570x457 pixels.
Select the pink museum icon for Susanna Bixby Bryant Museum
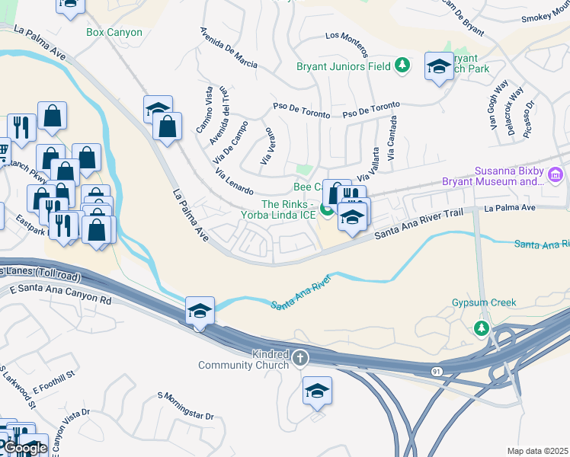click(555, 177)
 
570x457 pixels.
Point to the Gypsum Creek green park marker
click(481, 328)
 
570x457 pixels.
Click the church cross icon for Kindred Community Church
click(300, 357)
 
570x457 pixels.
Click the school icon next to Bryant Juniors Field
click(439, 66)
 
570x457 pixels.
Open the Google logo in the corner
click(25, 448)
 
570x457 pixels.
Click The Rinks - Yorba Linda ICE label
click(288, 209)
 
